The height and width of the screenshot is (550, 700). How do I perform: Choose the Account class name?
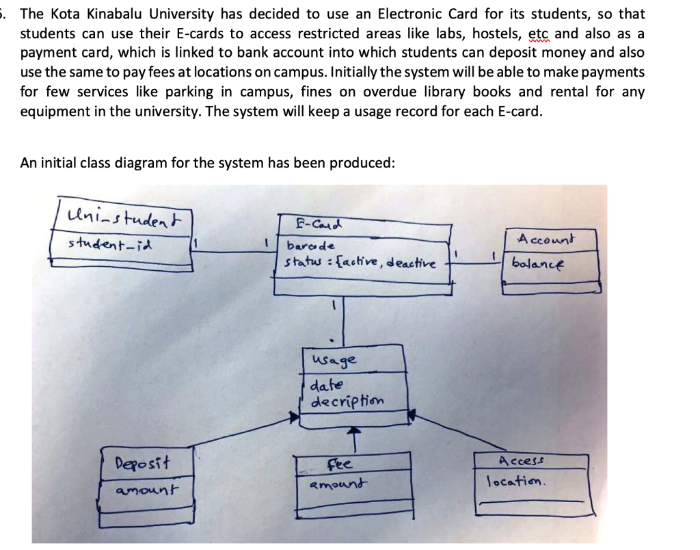coord(546,239)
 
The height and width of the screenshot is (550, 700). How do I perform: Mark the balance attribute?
coord(538,263)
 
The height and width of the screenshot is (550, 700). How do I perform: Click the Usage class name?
coord(333,359)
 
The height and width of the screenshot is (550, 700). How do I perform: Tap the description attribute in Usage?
coord(347,400)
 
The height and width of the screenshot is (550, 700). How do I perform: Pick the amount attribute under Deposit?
coord(146,489)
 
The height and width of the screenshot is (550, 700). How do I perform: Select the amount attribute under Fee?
coord(336,484)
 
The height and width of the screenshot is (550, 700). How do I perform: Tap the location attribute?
coord(516,480)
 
